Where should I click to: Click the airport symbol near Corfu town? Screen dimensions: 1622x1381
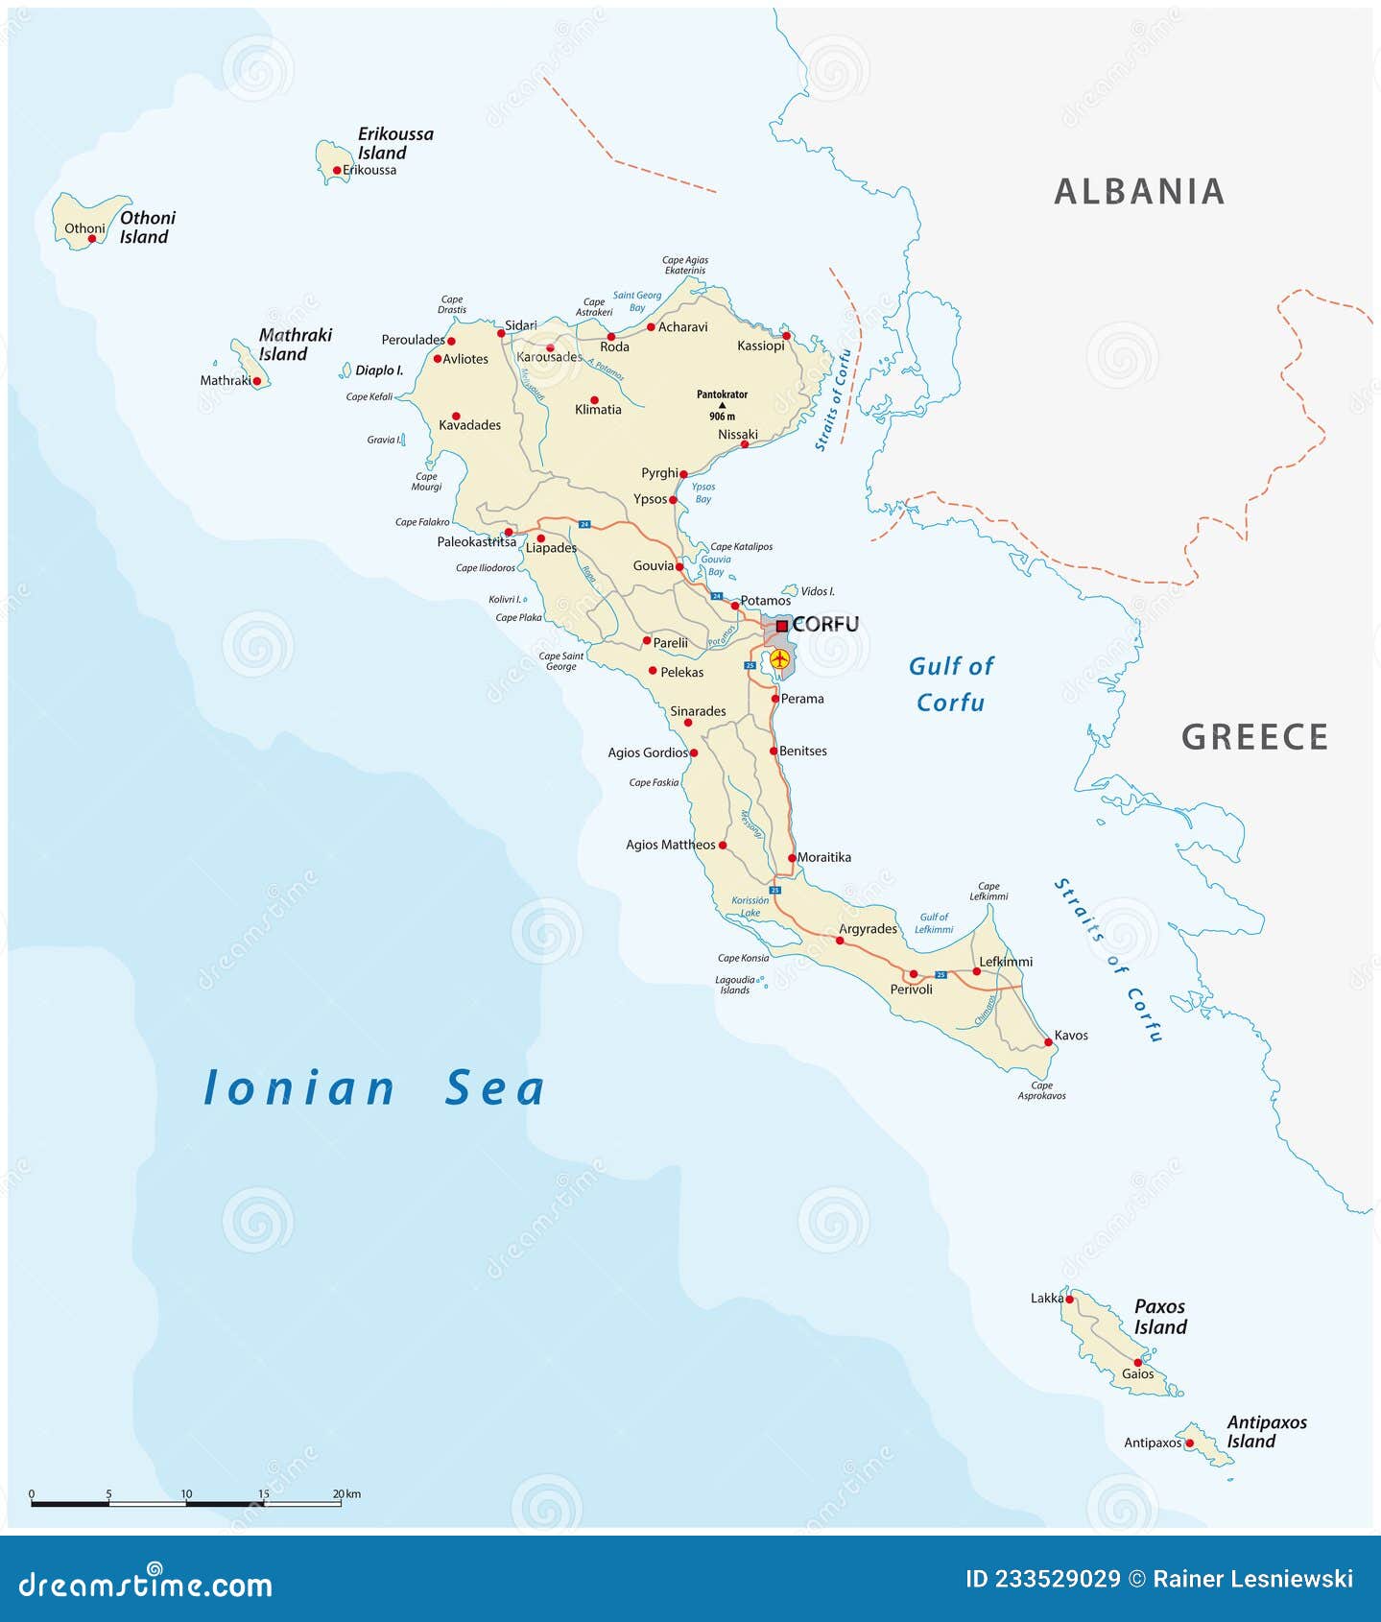tap(779, 659)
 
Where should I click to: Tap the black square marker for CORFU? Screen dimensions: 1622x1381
tap(782, 626)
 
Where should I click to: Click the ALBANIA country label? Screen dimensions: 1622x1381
tap(1139, 192)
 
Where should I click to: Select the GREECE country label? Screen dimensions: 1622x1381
tap(1254, 737)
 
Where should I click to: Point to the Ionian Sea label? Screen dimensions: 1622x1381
tap(374, 1088)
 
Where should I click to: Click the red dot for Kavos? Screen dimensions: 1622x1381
tap(1048, 1041)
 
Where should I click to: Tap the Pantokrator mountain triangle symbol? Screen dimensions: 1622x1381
tap(723, 405)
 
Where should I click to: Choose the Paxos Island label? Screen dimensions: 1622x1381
tap(1160, 1317)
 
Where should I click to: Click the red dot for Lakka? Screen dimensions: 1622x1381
tap(1069, 1300)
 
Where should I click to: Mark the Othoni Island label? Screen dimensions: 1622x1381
tap(147, 227)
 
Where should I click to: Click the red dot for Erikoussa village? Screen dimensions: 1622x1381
tap(337, 171)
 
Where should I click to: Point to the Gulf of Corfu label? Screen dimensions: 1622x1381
tap(950, 684)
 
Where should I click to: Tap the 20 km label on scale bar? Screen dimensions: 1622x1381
tap(346, 1494)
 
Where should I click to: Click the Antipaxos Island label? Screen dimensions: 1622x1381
tap(1266, 1432)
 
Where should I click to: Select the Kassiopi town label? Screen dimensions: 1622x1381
tap(760, 346)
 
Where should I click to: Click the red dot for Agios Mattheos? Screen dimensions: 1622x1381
tap(723, 846)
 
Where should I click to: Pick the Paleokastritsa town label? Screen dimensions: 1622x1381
tap(476, 541)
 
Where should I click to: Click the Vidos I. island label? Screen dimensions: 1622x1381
tap(817, 591)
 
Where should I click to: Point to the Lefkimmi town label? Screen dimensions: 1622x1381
tap(1005, 962)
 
